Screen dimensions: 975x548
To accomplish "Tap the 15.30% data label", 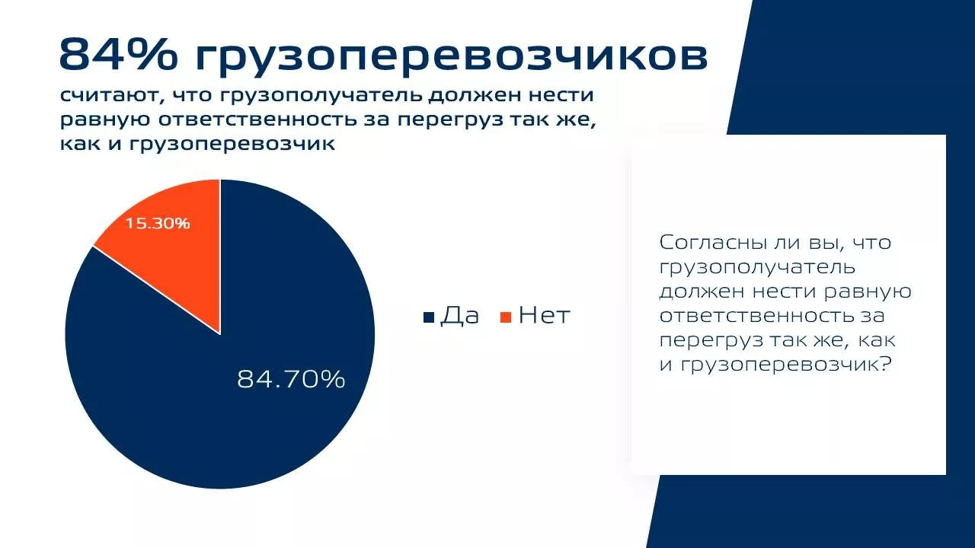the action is (x=158, y=224).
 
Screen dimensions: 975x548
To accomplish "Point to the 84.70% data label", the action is (x=291, y=379).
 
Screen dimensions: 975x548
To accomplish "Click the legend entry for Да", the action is (x=451, y=316).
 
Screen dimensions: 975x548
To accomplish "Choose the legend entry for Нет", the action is (x=535, y=315).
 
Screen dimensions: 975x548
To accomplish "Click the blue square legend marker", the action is (x=429, y=317).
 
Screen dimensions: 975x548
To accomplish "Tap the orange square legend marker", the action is (x=506, y=317).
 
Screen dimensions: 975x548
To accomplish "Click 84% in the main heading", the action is (x=118, y=54).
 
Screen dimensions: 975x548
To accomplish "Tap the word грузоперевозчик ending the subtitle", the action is (x=232, y=145).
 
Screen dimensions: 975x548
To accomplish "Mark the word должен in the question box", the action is (x=702, y=292).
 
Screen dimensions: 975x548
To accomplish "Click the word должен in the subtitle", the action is (x=475, y=96).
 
